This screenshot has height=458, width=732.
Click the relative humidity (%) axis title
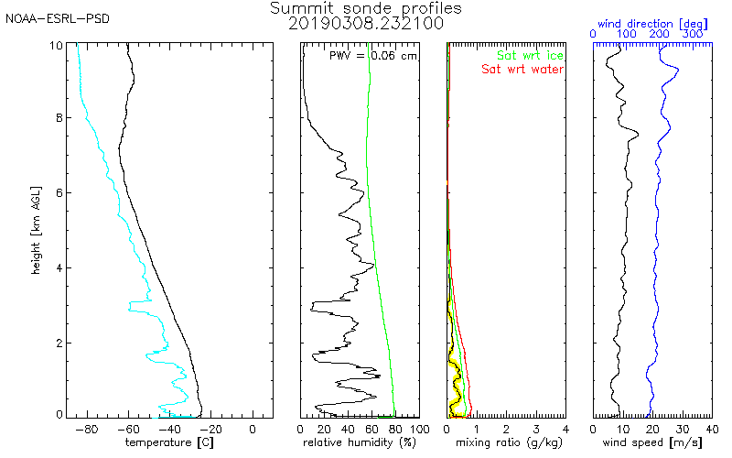[x=360, y=443]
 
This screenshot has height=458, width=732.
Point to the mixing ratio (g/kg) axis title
[x=505, y=443]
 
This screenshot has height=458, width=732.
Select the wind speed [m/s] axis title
[x=651, y=443]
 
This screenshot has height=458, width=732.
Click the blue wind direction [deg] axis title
[x=651, y=20]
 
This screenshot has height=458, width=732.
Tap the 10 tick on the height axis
[x=57, y=45]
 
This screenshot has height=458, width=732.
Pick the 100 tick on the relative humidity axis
[x=418, y=428]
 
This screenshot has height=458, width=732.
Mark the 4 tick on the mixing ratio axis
[x=565, y=428]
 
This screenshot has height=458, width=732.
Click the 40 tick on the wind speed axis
[x=711, y=428]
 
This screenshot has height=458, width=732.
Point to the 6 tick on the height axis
[x=59, y=192]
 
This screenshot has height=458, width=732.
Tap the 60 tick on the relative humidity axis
[x=371, y=428]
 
